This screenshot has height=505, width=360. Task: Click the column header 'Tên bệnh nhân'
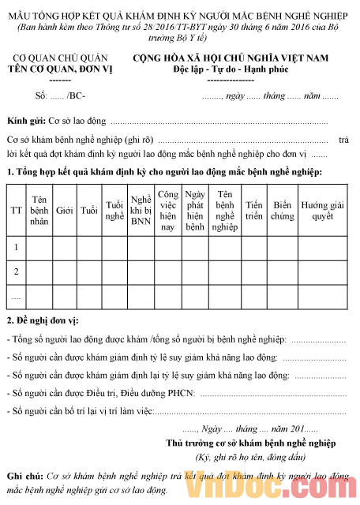(40, 211)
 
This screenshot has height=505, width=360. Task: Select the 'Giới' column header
(65, 211)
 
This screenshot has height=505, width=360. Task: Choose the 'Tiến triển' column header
(254, 211)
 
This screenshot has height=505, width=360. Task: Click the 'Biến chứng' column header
(282, 211)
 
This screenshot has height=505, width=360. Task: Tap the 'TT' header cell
(16, 211)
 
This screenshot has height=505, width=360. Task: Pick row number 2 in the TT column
(16, 271)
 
